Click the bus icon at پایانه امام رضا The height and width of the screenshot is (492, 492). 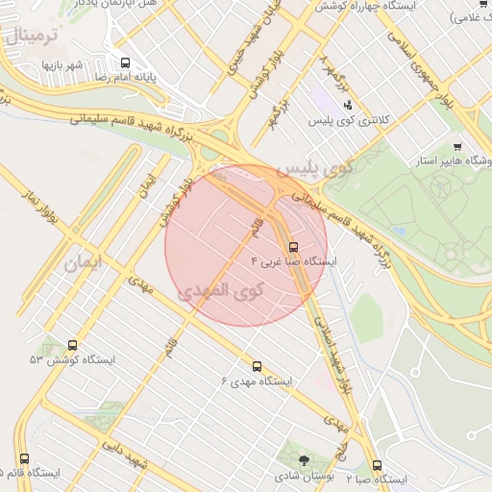pyautogui.click(x=124, y=61)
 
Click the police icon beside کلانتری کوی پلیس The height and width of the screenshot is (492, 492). pyautogui.click(x=347, y=105)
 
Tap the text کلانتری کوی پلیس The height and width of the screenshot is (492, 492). pyautogui.click(x=347, y=121)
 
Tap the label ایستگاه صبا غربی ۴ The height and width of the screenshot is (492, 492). pyautogui.click(x=292, y=261)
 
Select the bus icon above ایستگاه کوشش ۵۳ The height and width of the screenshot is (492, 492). pyautogui.click(x=72, y=344)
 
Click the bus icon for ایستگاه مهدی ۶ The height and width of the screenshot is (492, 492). pyautogui.click(x=257, y=366)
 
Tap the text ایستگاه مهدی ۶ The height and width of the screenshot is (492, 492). pyautogui.click(x=257, y=381)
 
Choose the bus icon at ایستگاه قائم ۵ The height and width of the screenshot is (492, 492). pyautogui.click(x=24, y=458)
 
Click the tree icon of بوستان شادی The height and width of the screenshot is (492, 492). pyautogui.click(x=305, y=460)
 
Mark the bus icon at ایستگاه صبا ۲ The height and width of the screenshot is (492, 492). pyautogui.click(x=377, y=464)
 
